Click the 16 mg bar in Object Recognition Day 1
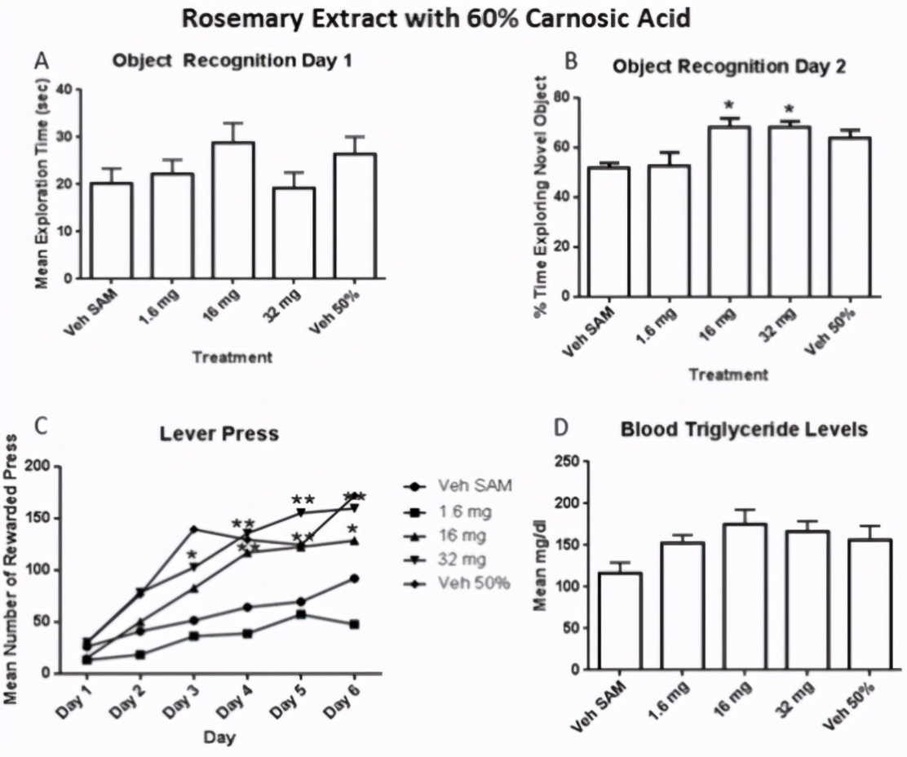233,210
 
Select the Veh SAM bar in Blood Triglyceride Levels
620,621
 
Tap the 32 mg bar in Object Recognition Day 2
789,211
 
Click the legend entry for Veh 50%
457,583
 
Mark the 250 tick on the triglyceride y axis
568,462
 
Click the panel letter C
41,427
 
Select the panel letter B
571,60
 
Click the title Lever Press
219,434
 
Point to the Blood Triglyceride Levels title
745,430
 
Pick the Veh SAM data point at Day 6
355,578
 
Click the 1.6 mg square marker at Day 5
301,614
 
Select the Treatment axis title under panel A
232,357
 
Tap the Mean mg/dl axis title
540,563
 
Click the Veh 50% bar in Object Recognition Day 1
355,216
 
